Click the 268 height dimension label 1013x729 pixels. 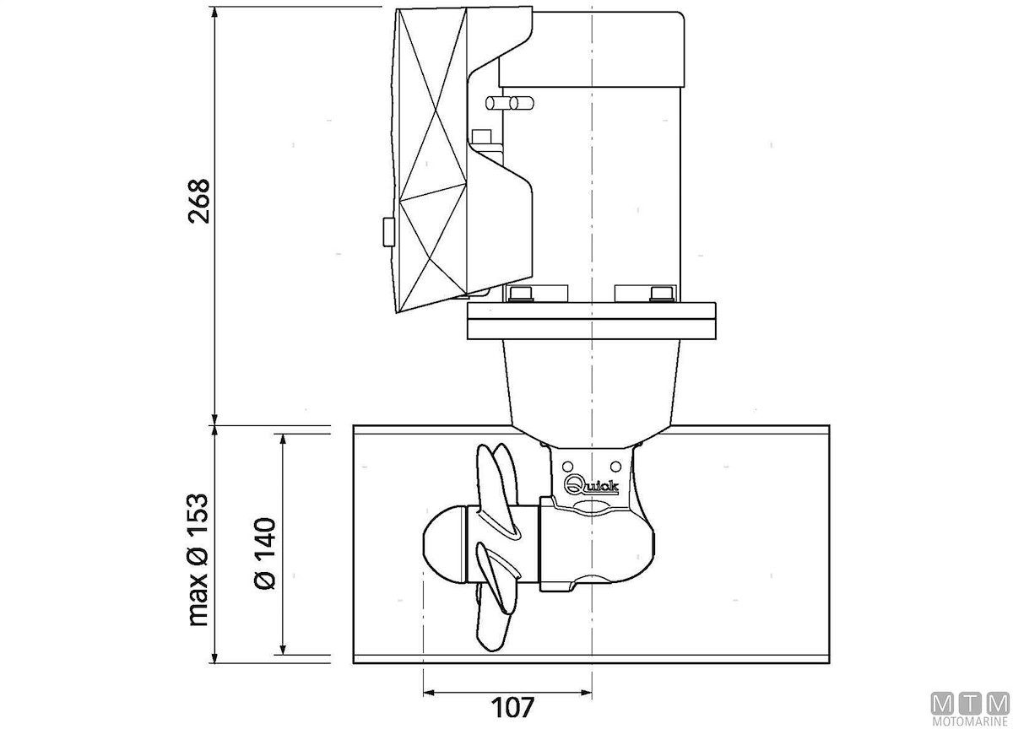[198, 201]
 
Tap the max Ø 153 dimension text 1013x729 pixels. [198, 559]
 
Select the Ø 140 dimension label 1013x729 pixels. [265, 554]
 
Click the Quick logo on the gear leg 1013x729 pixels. [591, 486]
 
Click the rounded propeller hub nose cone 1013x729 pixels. [445, 543]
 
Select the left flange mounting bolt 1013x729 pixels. [521, 294]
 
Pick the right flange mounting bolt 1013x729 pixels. [662, 294]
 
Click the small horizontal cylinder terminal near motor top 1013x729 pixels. [510, 104]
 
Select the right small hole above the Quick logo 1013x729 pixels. [615, 466]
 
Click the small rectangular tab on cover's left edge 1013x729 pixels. [388, 232]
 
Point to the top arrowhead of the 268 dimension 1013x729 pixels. [215, 13]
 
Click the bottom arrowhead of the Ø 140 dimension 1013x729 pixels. [284, 649]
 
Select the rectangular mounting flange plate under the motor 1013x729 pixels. [591, 321]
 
